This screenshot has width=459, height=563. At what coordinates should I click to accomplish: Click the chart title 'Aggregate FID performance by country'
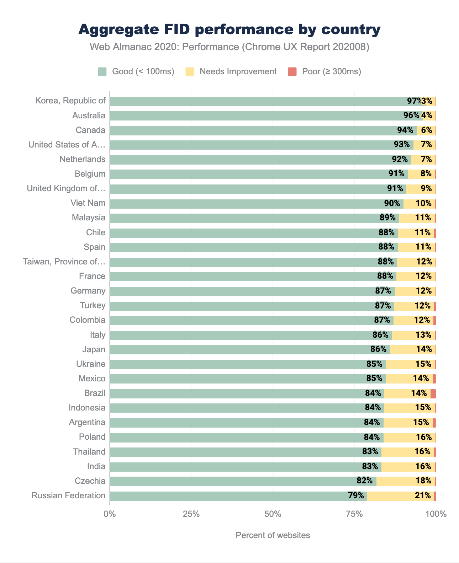coord(229,30)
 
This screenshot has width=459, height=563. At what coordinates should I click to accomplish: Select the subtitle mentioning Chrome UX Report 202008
coord(229,47)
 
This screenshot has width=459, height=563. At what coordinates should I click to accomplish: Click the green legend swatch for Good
coord(102,71)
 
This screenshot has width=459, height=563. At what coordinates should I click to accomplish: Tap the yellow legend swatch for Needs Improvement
coord(190,71)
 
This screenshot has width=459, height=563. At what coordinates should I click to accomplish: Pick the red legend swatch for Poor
coord(292,71)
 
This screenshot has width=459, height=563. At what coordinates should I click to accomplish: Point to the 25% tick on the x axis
coord(191,514)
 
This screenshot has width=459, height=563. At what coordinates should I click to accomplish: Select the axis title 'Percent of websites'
coord(273,535)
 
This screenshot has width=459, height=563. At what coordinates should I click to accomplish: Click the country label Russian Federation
coord(68,495)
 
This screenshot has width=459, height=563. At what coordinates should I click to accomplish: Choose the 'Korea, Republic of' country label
coord(70,101)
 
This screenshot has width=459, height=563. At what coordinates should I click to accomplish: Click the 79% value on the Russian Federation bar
coord(356,495)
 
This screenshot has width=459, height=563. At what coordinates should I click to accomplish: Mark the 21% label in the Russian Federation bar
coord(423,495)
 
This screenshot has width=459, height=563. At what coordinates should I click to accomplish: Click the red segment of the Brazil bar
coord(433,393)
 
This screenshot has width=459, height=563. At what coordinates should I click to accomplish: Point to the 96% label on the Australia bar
coord(411,116)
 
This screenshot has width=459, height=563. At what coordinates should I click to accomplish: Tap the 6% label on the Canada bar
coord(426,130)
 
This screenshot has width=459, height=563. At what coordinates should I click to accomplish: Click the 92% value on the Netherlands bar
coord(400,159)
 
